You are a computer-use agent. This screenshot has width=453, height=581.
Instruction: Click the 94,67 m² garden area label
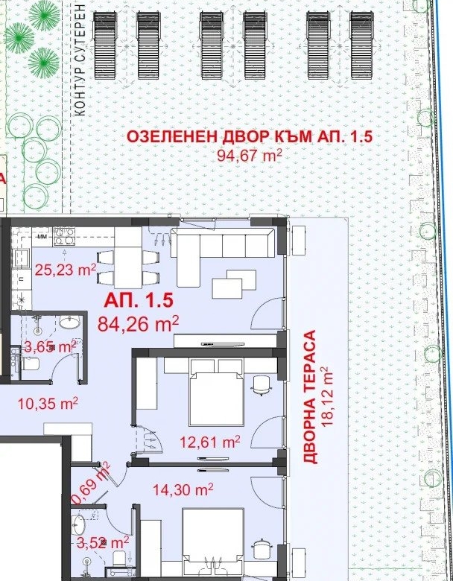tap(250, 155)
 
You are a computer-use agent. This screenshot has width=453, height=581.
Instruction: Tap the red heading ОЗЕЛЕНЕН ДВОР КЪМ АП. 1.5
tap(250, 137)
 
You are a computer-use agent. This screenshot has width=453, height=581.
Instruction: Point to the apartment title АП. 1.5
tap(139, 300)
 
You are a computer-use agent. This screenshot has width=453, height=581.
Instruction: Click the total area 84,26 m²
tap(139, 324)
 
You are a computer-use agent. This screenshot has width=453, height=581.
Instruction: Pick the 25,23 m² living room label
tap(66, 270)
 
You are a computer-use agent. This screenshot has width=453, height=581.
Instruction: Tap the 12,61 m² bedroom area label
tap(210, 441)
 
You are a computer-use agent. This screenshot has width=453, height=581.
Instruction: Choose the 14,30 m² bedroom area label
tap(183, 489)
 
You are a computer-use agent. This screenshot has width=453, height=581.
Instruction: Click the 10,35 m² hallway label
tap(48, 404)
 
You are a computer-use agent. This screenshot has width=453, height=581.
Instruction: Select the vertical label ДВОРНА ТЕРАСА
tap(309, 396)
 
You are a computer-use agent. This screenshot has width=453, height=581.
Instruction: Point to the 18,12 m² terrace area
tap(327, 397)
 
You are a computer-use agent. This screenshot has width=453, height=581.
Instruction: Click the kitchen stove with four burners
tap(65, 237)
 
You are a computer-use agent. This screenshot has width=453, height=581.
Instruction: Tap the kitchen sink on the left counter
tap(22, 258)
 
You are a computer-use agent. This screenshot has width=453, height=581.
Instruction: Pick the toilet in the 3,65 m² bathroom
tap(30, 363)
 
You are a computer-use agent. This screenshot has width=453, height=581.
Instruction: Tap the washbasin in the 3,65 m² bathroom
tap(69, 323)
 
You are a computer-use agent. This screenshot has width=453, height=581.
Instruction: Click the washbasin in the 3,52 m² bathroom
tap(78, 525)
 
